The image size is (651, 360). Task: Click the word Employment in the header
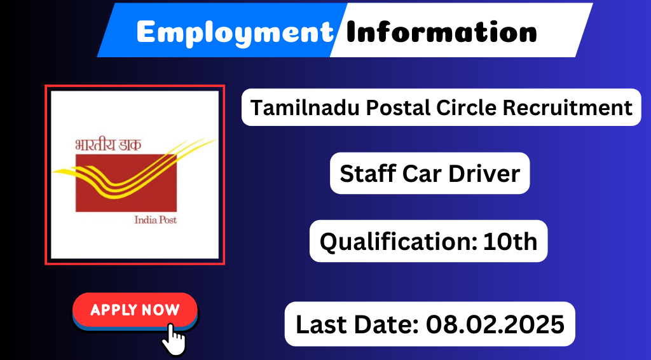coord(235,32)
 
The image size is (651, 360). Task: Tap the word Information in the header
coord(441,32)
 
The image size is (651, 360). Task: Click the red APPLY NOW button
coord(135,310)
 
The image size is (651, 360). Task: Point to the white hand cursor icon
coord(174,340)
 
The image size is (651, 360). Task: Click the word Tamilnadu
coord(305,107)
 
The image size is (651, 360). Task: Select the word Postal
coord(399,108)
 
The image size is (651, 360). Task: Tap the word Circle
coord(466,107)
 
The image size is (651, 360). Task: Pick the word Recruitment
coord(568,107)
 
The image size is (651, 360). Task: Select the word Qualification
coord(398,242)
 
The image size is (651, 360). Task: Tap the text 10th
coord(511,241)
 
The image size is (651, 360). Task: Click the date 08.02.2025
coord(495,324)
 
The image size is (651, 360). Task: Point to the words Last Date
coord(357,324)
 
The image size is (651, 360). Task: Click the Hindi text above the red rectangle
coord(108,144)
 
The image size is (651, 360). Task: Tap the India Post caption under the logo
coord(156,219)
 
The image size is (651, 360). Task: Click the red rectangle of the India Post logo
coord(127,183)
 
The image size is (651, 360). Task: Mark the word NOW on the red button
coord(160,310)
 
